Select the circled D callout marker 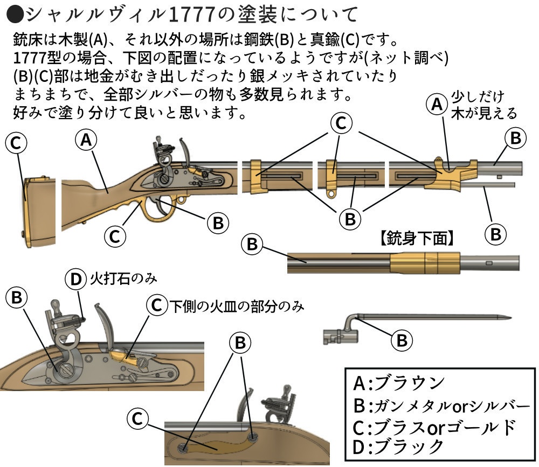[x=76, y=279]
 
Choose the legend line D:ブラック [x=398, y=447]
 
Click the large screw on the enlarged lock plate [x=66, y=370]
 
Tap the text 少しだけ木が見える [x=484, y=104]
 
